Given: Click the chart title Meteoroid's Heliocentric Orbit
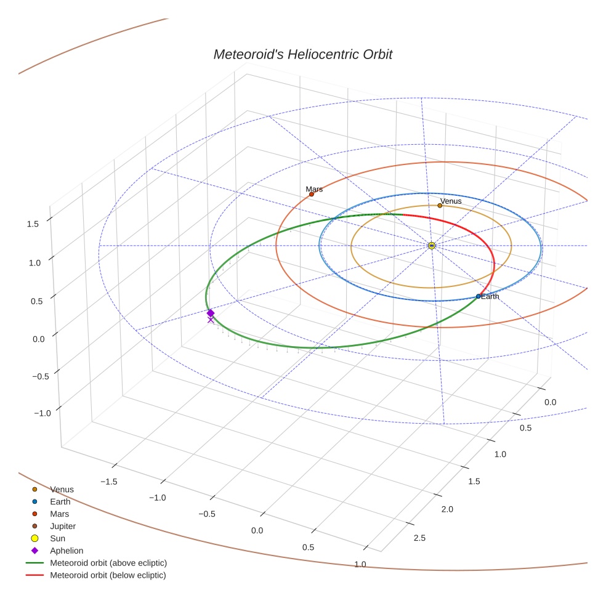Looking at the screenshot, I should (x=302, y=54).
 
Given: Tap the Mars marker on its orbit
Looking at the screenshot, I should (x=312, y=194).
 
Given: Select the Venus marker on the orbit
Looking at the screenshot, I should (x=440, y=205).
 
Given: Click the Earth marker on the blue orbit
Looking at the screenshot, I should (x=479, y=296).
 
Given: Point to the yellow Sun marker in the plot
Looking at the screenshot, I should (x=432, y=246).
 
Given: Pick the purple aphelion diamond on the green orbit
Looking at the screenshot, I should (x=211, y=313).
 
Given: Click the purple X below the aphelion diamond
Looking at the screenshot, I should (x=211, y=320).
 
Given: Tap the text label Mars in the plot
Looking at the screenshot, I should (x=314, y=189).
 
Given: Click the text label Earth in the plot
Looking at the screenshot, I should (x=490, y=297).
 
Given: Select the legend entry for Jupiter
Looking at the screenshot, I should (x=62, y=526).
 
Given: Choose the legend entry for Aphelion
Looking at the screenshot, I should (x=66, y=551).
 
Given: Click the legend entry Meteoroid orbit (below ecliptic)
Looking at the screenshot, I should (x=108, y=575).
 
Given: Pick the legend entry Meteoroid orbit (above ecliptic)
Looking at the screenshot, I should (x=108, y=563).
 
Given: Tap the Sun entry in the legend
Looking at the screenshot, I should (x=57, y=538).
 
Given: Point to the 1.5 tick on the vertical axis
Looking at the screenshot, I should (x=33, y=224).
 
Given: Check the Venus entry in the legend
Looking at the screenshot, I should (x=62, y=490).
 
